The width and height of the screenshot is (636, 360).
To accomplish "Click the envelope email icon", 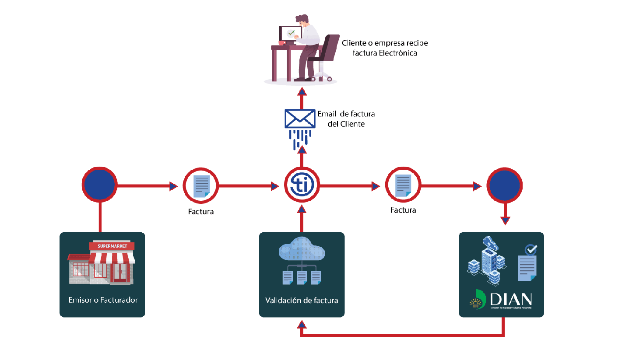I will coord(300,118).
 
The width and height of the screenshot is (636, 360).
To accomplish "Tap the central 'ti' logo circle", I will coord(302,186).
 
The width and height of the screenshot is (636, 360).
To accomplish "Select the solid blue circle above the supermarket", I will coord(100,186).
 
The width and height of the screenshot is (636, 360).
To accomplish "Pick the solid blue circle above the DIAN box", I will coord(505,186).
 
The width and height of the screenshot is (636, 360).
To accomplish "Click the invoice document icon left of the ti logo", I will coord(201,186).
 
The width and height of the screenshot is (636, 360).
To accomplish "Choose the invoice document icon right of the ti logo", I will coord(403,185).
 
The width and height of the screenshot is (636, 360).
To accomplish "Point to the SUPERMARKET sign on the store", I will coord(112,246).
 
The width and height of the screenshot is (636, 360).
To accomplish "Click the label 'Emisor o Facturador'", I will coord(103,300).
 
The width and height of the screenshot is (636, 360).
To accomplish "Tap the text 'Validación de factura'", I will coord(302,301).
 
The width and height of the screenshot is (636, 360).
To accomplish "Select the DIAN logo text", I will coord(511,299).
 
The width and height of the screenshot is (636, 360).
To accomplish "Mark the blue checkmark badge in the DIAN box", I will coord(531,250).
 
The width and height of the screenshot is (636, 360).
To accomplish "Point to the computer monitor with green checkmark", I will coord(290,33).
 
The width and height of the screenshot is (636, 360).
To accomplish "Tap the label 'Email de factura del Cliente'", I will coord(346,119).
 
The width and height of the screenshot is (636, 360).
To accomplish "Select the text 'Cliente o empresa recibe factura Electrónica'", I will coord(385,48).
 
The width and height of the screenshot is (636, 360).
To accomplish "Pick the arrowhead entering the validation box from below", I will coord(302,324).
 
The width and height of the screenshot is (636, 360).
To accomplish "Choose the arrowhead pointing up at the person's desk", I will coord(302,91).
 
